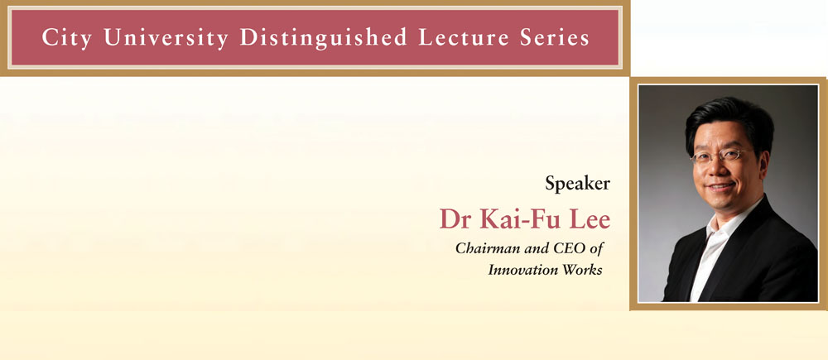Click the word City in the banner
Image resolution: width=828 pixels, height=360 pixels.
[67, 37]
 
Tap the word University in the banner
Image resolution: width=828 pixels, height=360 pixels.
[166, 37]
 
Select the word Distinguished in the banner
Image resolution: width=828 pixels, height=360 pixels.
[323, 37]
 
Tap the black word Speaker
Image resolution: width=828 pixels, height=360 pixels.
[577, 185]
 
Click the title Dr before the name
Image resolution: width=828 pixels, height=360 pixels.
[456, 219]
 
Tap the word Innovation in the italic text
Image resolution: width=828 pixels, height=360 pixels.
[521, 270]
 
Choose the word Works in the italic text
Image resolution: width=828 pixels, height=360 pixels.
[581, 270]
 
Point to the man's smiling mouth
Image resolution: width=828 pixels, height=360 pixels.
[720, 187]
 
